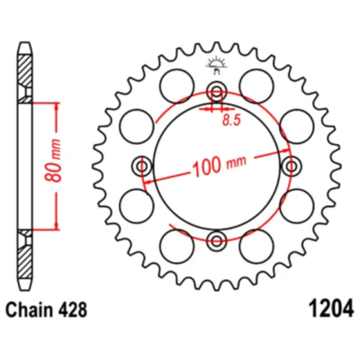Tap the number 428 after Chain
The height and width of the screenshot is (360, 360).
point(75,309)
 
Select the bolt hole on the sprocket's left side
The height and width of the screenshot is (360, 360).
point(143,166)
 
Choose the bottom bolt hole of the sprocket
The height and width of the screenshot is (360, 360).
point(217,240)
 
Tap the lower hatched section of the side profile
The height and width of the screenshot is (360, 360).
point(25,257)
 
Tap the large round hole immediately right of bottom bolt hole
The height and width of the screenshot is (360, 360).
point(256,245)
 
